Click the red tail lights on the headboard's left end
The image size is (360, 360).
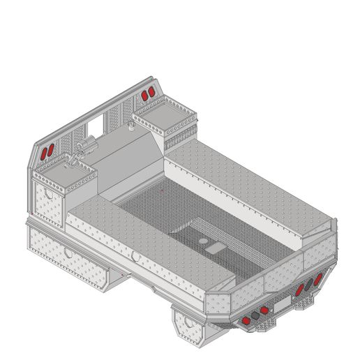pyautogui.click(x=47, y=152)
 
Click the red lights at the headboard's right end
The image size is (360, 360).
pyautogui.click(x=147, y=94)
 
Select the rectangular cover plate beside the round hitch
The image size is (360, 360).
pyautogui.click(x=214, y=247)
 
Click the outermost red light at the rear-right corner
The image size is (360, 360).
pyautogui.click(x=319, y=279)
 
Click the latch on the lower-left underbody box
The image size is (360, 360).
pyautogui.click(x=68, y=250)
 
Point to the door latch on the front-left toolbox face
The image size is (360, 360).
pyautogui.click(x=47, y=193)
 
